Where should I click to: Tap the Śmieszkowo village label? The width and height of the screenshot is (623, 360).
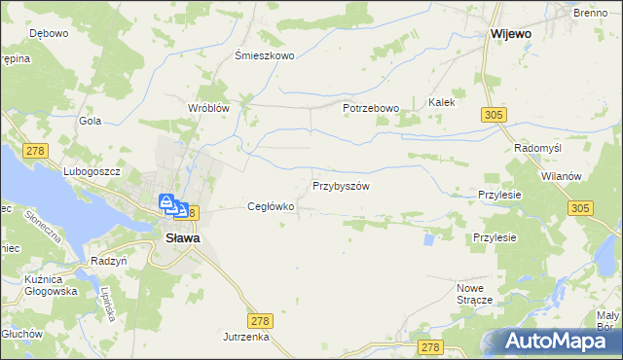(265, 55)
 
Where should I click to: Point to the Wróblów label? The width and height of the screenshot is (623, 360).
(206, 108)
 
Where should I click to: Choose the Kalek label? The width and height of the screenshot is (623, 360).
(442, 101)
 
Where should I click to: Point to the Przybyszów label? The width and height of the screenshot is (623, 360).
(341, 185)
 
